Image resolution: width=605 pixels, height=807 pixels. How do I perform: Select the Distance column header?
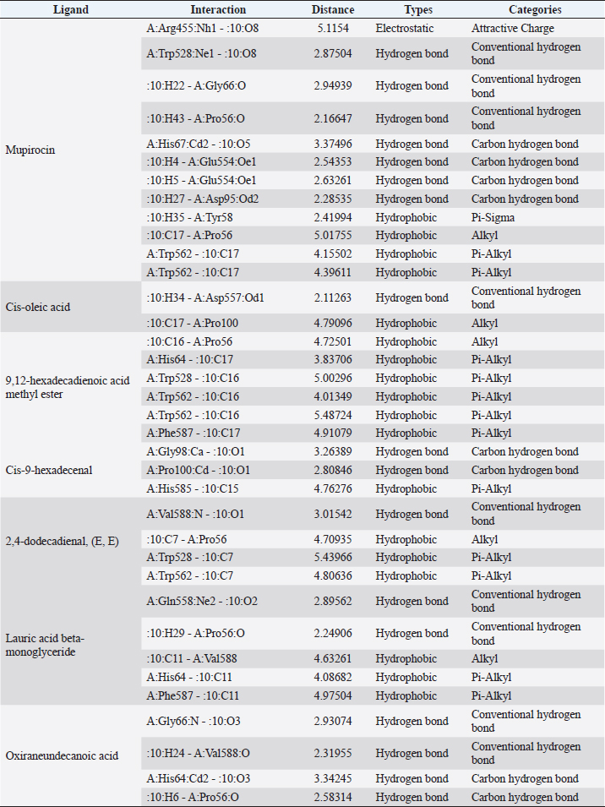tap(333, 9)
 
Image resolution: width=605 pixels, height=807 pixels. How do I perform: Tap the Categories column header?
tap(535, 9)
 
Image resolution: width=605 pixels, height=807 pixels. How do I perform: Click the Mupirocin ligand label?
tap(30, 150)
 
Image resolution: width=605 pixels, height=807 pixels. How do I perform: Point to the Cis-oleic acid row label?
tap(37, 307)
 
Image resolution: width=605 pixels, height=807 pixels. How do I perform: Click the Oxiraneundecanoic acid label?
tap(63, 755)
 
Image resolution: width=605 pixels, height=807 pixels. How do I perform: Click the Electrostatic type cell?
tap(404, 28)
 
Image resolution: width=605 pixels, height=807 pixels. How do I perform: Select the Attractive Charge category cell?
tap(513, 28)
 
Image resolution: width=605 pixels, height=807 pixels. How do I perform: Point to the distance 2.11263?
tap(333, 297)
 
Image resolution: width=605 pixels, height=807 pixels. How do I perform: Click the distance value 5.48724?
tap(333, 415)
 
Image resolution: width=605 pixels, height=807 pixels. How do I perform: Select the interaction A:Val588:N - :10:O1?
tap(199, 514)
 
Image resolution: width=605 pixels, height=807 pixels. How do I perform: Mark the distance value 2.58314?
tap(333, 797)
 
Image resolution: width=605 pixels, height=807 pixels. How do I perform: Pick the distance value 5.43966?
tap(333, 558)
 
